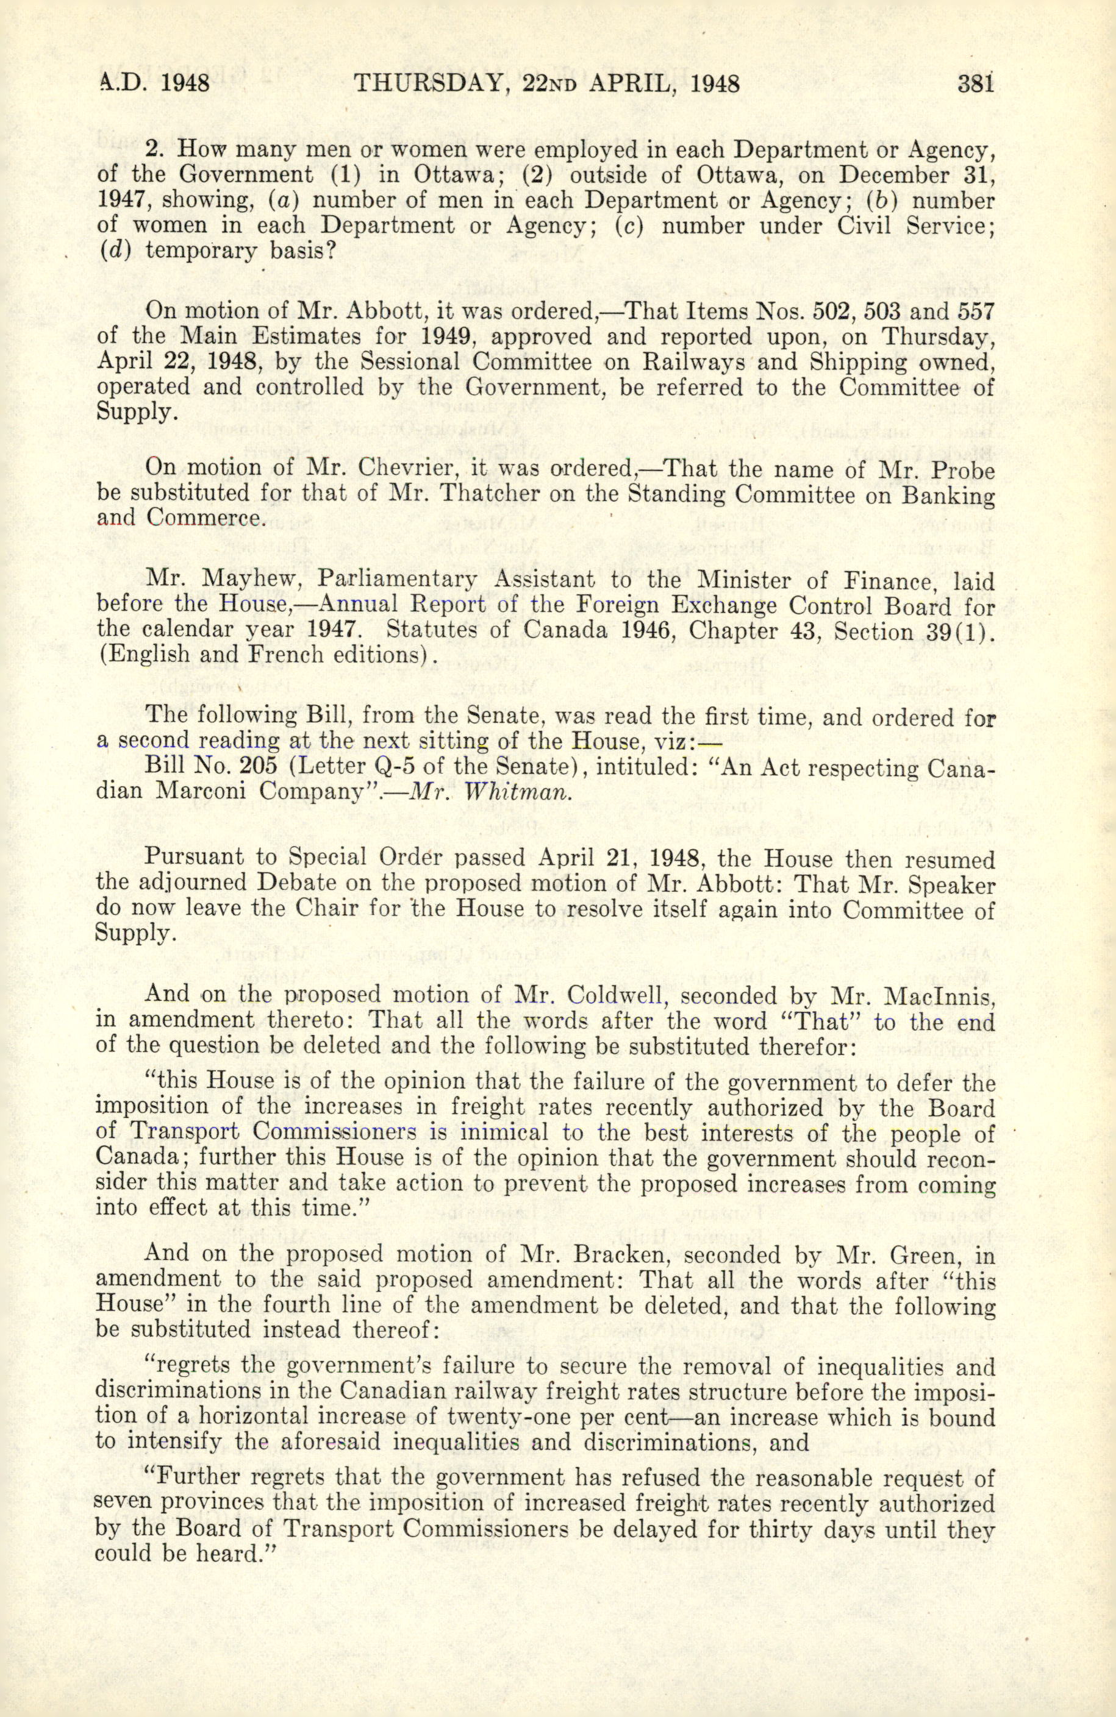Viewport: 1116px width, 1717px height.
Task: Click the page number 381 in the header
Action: pos(975,84)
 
